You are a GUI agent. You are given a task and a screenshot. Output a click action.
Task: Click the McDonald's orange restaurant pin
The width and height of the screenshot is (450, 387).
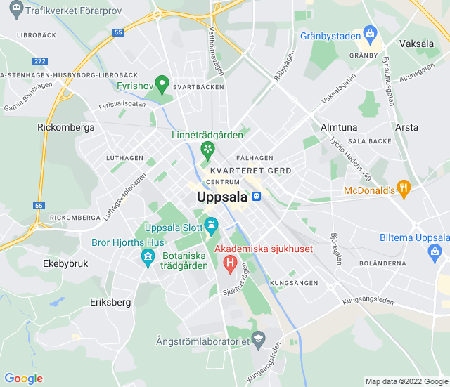[403, 188]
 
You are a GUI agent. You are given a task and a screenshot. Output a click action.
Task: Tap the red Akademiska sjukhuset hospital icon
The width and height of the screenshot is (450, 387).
[229, 263]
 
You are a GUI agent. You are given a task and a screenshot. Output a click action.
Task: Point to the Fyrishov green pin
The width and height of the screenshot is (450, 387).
[162, 85]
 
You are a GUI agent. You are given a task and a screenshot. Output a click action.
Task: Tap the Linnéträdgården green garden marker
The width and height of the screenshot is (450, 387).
[207, 149]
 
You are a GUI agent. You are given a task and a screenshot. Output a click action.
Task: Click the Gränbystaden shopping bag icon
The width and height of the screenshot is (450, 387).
[370, 34]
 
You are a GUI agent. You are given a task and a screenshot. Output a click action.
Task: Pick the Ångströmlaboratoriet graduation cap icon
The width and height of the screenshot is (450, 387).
[258, 340]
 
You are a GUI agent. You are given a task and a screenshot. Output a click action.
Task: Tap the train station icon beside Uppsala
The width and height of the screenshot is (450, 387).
[257, 197]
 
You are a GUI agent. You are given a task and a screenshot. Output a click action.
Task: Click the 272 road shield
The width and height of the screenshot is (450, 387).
[39, 62]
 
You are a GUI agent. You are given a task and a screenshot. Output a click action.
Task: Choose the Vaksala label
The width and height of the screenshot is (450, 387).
[416, 44]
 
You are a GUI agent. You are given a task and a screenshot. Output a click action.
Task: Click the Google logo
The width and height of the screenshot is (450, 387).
[23, 379]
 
